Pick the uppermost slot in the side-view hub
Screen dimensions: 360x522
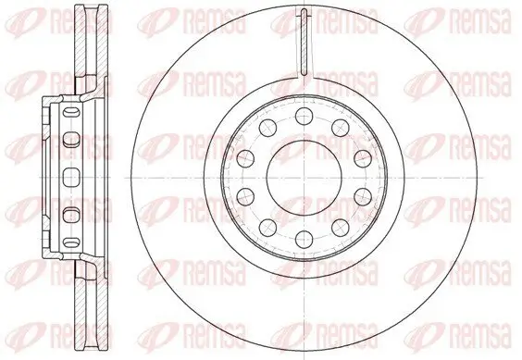click(67, 140)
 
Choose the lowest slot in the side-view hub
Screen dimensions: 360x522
click(67, 216)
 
